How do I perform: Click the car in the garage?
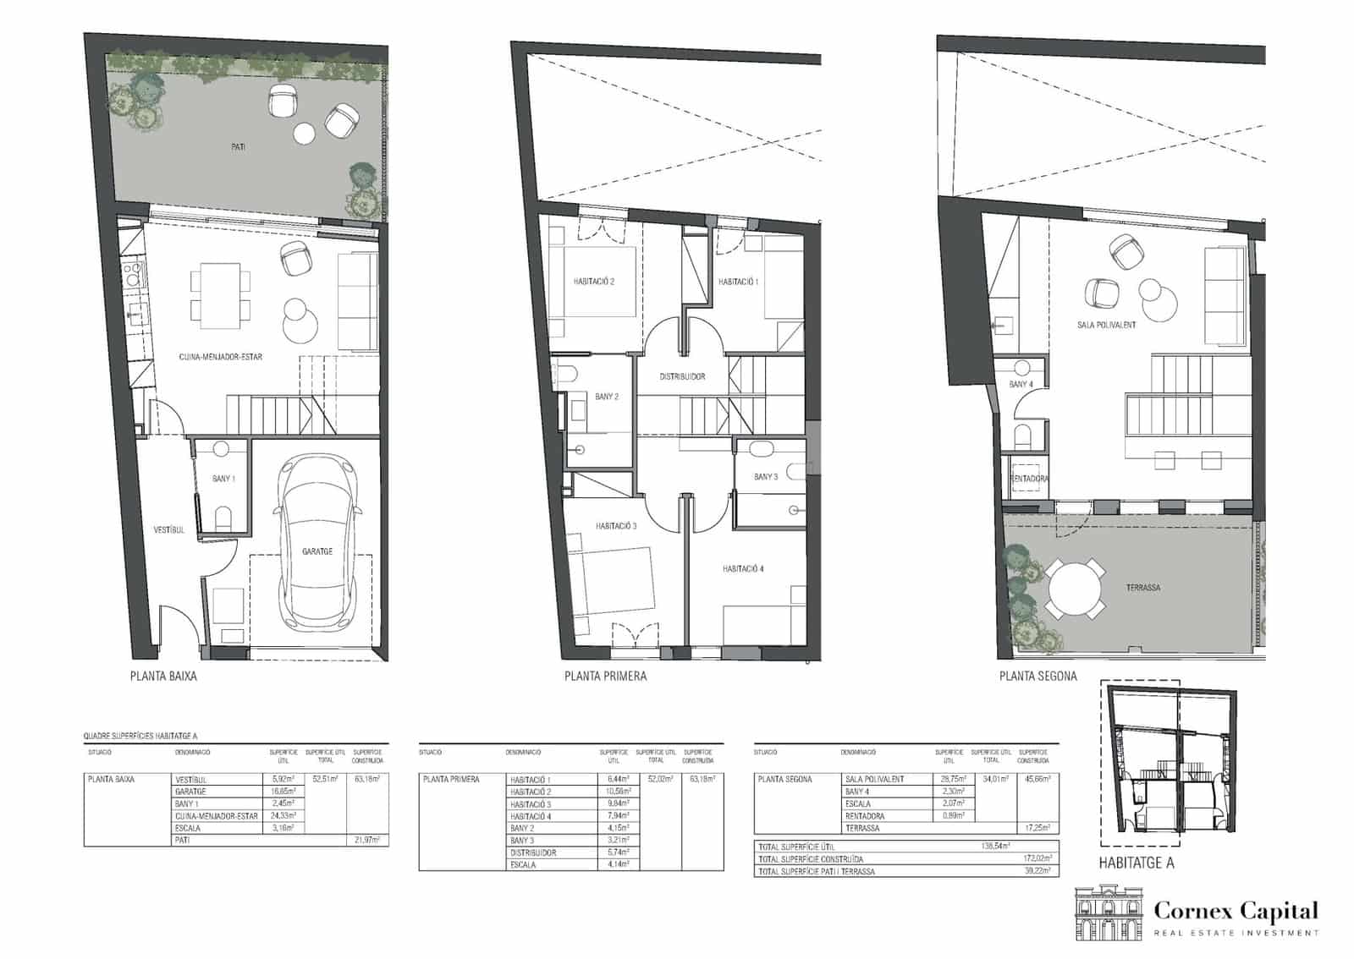(317, 541)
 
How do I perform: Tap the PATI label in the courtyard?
(239, 147)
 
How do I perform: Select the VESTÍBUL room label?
(168, 530)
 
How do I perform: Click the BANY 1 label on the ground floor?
(223, 479)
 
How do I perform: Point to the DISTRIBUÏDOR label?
(682, 376)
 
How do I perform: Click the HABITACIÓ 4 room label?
(743, 569)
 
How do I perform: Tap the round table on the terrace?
(1075, 587)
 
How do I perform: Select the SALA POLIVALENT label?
(1106, 325)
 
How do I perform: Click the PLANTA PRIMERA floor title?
(605, 676)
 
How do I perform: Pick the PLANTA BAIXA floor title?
(163, 676)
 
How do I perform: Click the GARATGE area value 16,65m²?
(283, 792)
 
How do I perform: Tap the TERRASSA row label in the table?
(861, 828)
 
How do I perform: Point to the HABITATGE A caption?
(1136, 863)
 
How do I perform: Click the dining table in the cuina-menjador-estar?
(221, 295)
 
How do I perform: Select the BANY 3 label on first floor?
(766, 477)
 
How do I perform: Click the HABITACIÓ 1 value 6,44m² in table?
(614, 780)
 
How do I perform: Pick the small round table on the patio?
(304, 133)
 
